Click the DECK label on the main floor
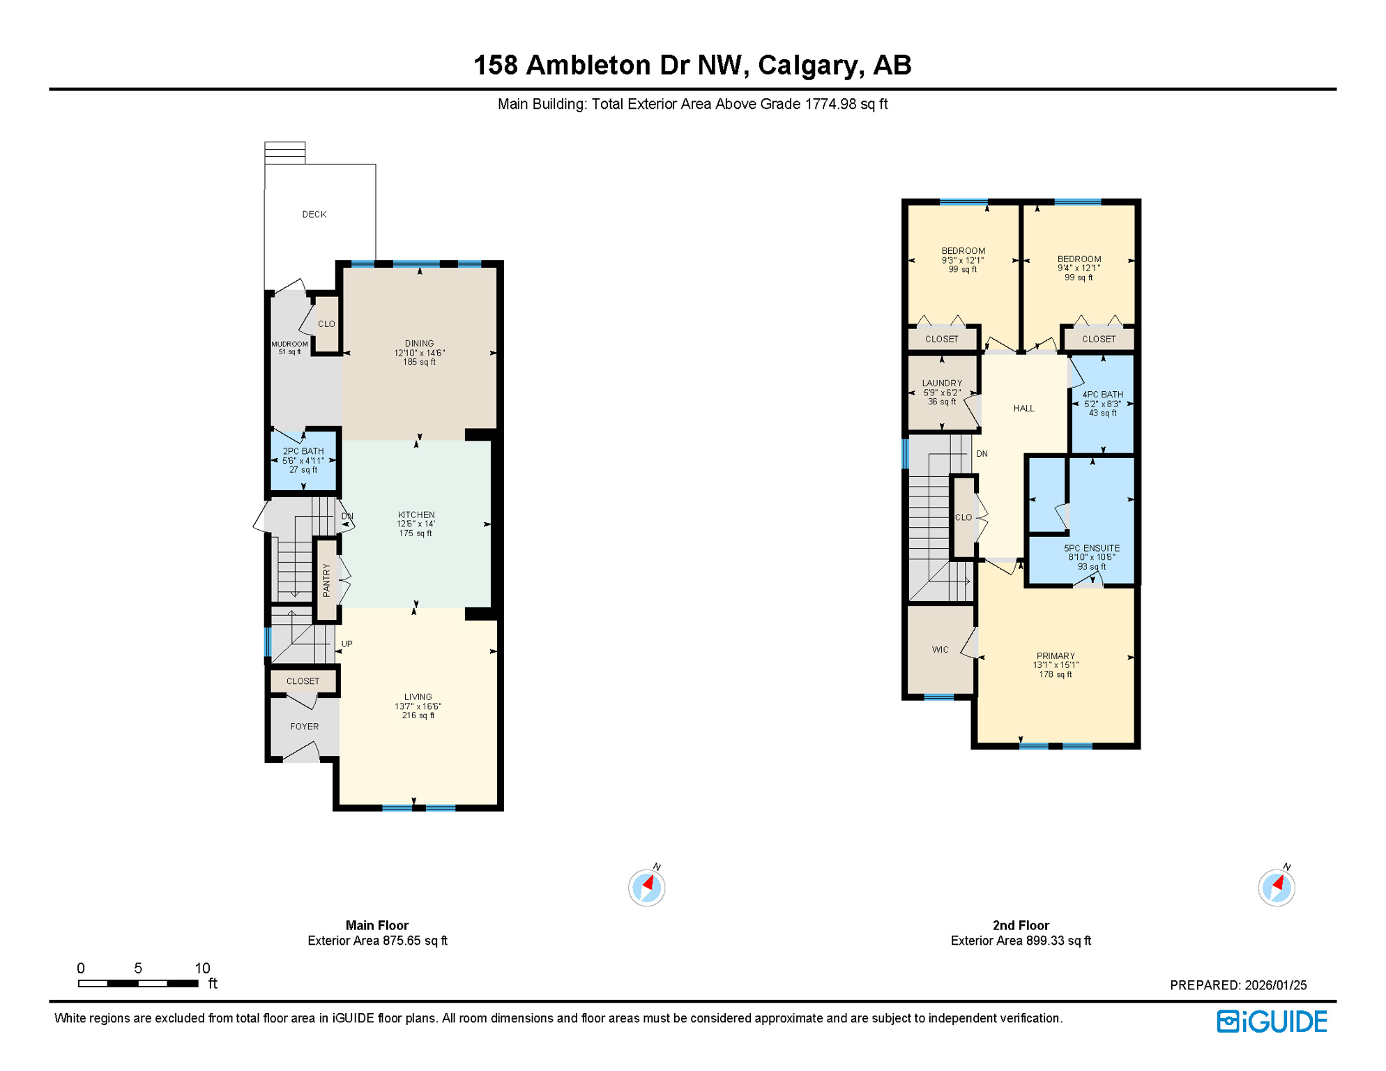[314, 214]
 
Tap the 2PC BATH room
[303, 460]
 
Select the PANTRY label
[326, 579]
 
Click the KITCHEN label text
[416, 515]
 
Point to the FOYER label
[304, 727]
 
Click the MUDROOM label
[289, 344]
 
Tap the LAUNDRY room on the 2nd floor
[942, 392]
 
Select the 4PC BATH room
[1102, 404]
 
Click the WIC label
[940, 650]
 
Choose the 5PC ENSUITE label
[1091, 549]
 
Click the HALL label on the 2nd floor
[1023, 409]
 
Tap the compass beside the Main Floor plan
[646, 888]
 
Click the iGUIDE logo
[1272, 1021]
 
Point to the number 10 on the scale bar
[202, 968]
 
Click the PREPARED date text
[1237, 985]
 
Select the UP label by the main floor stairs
[346, 644]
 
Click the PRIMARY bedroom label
[1056, 656]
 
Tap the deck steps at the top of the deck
[284, 153]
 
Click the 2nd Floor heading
[1020, 925]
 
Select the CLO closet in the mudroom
[326, 324]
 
